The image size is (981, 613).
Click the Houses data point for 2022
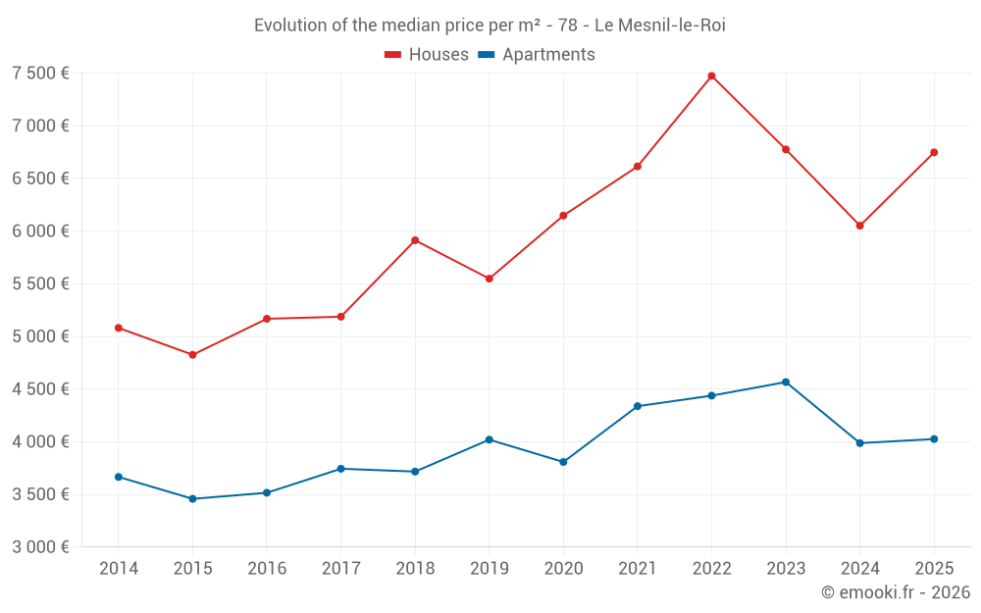(711, 76)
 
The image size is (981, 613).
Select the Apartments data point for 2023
(786, 382)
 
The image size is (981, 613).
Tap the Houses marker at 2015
(192, 355)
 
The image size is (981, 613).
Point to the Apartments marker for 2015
(192, 499)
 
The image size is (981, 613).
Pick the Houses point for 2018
(415, 240)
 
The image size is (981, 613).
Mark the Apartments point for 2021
(638, 406)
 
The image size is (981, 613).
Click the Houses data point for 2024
(859, 226)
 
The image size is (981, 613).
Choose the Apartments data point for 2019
(490, 439)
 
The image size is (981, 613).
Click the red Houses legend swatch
(392, 55)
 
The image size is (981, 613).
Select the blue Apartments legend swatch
(486, 55)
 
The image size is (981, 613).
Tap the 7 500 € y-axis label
(40, 74)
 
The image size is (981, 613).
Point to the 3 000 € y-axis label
(40, 547)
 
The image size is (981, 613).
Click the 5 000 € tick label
(40, 336)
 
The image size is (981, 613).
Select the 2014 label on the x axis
(119, 569)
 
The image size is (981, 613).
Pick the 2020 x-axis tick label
(563, 569)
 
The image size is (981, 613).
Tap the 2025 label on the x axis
(934, 569)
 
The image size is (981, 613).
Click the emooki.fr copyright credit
(895, 592)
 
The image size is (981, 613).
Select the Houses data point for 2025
(934, 152)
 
